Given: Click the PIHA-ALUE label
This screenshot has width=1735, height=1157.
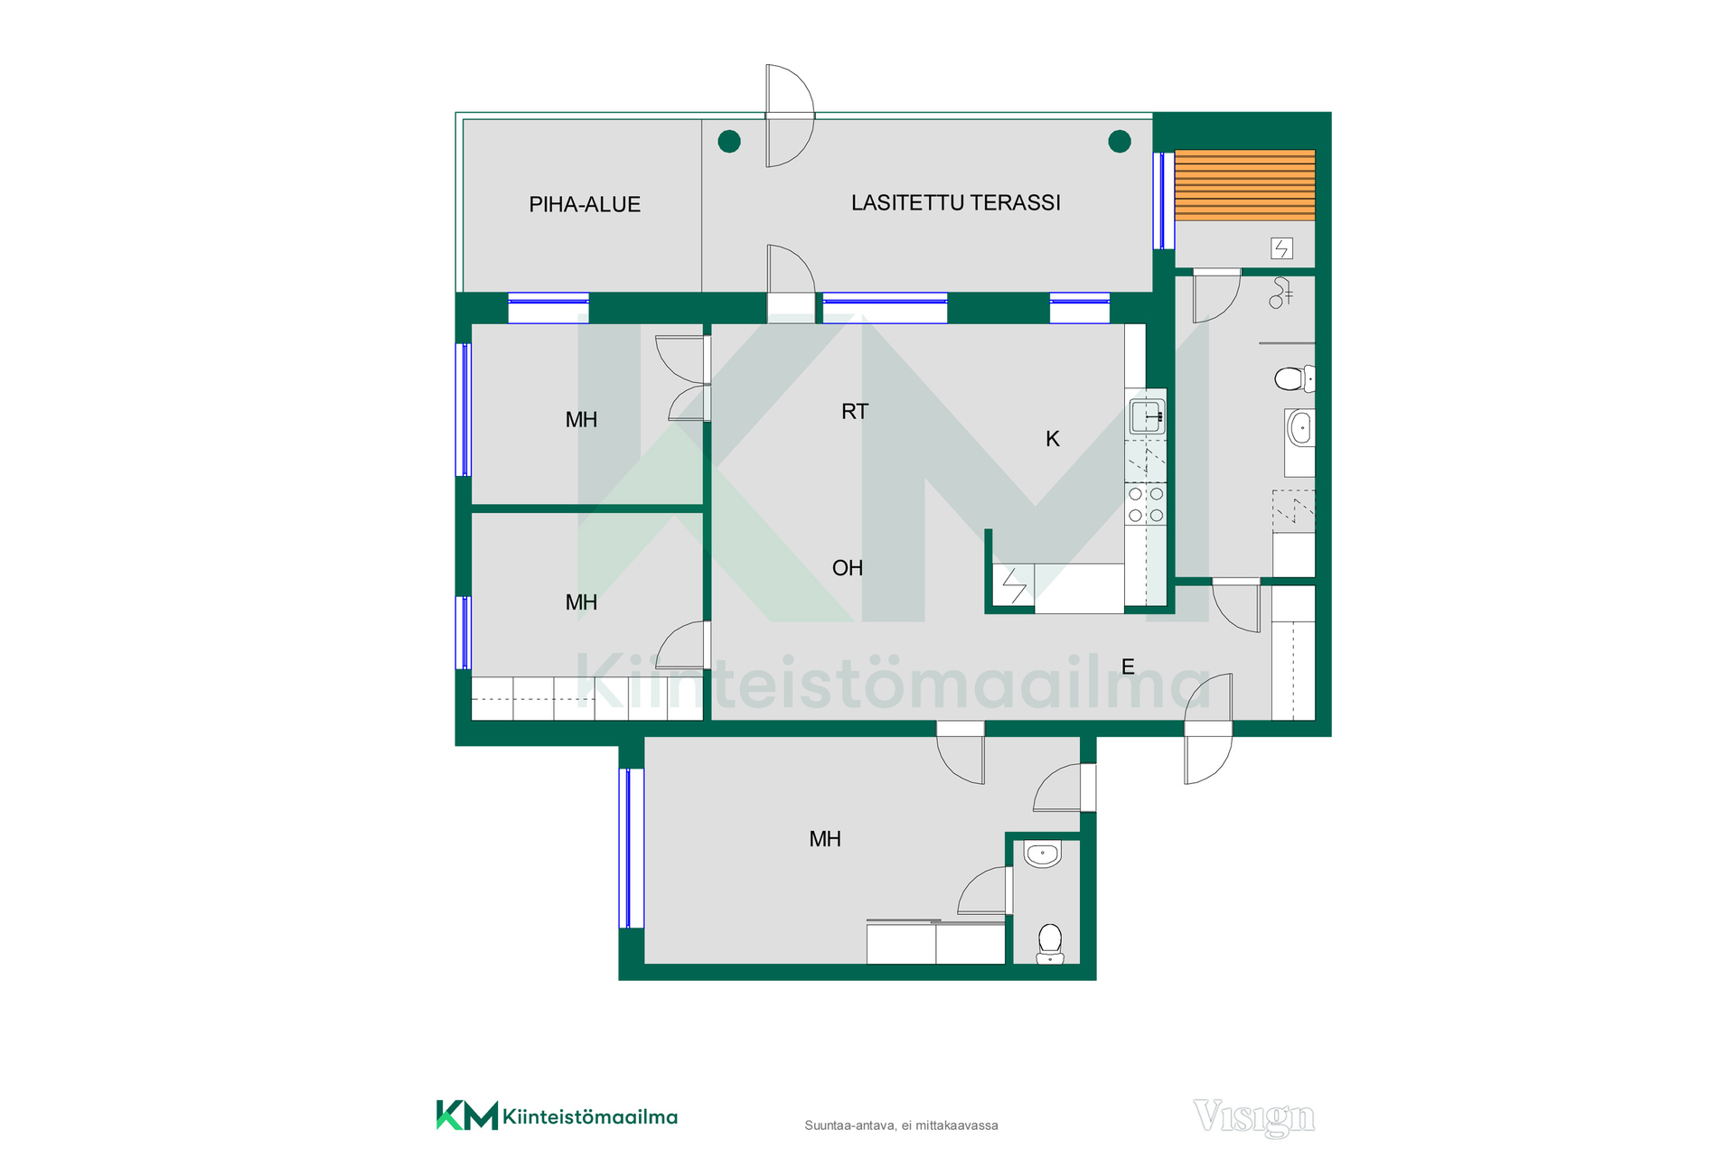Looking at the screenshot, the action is [x=585, y=205].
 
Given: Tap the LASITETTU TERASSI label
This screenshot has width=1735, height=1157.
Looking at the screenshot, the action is [x=956, y=202].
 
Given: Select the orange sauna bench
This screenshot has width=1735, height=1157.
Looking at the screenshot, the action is [x=1245, y=185].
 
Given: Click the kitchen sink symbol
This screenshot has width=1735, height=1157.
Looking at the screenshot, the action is [x=1147, y=417].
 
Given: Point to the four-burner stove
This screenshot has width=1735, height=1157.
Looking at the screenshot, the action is [x=1146, y=505].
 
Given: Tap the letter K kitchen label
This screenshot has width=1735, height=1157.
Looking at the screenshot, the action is [x=1053, y=439].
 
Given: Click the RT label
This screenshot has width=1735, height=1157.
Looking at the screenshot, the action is [x=855, y=412].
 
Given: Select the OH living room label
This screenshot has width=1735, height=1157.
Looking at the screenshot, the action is [x=848, y=568].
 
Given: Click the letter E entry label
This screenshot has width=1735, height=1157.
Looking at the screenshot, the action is [x=1128, y=667].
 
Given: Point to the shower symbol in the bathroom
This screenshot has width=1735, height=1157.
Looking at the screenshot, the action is [x=1280, y=293].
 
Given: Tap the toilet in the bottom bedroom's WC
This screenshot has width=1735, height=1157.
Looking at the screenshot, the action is [x=1050, y=944].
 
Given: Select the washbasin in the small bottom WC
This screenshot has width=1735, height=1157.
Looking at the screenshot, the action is [x=1043, y=854].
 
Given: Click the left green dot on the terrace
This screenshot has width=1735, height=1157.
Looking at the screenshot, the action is [x=729, y=141].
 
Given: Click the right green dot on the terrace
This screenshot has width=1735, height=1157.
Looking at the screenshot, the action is [x=1120, y=141].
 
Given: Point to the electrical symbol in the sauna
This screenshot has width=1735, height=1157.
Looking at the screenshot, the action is [x=1281, y=247].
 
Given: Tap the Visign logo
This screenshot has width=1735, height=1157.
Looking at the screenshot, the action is [x=1254, y=1118].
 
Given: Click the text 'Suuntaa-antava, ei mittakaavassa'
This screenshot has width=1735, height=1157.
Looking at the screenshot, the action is [x=902, y=1125].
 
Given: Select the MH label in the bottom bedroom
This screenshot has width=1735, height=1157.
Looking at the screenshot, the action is [x=825, y=839].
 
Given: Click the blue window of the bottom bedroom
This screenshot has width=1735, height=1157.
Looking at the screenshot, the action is [x=631, y=848].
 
